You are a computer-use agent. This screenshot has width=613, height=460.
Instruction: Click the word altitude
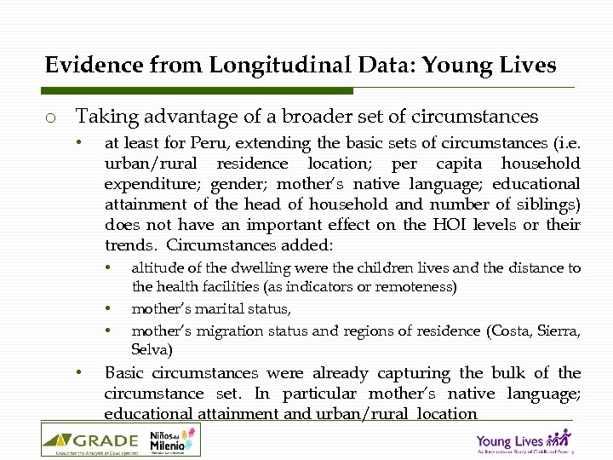coord(154,267)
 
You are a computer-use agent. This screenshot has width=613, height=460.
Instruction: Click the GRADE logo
coord(90,440)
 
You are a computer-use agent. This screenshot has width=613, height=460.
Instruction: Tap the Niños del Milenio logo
coord(174,440)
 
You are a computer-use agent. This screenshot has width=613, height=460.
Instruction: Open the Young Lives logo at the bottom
coord(523,441)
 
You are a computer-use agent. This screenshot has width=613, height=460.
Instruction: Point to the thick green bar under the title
coord(198,90)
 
